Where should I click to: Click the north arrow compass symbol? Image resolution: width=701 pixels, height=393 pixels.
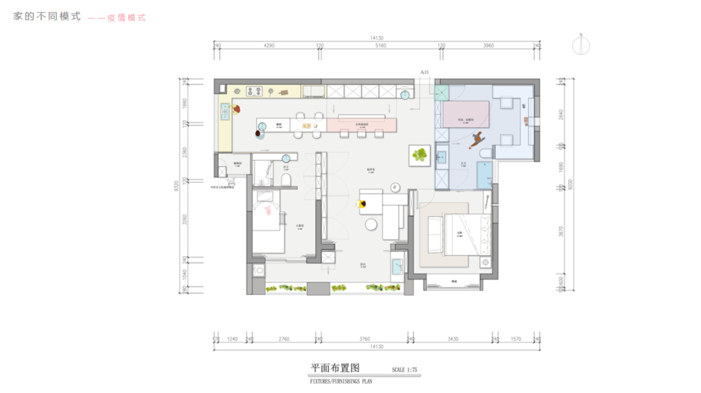click(x=582, y=45)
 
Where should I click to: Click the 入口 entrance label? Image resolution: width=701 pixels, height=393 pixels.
click(x=424, y=73)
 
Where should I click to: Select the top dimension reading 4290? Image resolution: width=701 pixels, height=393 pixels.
click(x=269, y=46)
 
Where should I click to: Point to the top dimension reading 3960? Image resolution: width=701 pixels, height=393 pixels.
click(x=489, y=46)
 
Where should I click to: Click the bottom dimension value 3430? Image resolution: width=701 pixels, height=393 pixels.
click(x=452, y=339)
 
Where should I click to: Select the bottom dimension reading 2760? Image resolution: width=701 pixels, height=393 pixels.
click(x=283, y=339)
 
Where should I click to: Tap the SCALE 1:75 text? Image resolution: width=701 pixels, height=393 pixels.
click(x=405, y=370)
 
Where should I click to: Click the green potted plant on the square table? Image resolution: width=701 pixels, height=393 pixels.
click(x=421, y=155)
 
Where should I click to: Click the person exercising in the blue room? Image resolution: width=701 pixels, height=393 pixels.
click(x=479, y=138)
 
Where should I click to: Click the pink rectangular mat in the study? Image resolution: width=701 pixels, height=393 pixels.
click(x=466, y=113)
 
